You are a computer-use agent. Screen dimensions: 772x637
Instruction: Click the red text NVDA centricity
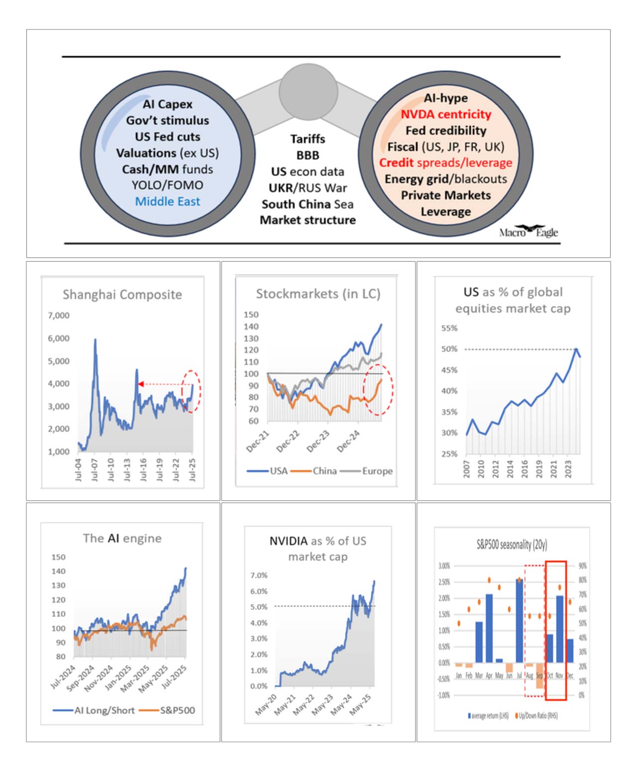click(446, 114)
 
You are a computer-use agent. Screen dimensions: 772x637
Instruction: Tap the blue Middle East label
click(167, 202)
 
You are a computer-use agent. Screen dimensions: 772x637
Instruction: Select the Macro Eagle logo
click(529, 231)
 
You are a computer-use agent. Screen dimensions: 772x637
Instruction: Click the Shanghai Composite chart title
click(122, 295)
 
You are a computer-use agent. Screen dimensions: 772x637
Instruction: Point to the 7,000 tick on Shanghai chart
click(59, 316)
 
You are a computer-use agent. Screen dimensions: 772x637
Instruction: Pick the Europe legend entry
click(377, 471)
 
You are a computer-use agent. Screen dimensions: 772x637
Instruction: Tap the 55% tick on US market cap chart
click(449, 329)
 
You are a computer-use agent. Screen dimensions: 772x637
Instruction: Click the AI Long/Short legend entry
click(104, 710)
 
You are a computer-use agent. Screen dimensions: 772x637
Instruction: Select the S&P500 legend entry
click(177, 710)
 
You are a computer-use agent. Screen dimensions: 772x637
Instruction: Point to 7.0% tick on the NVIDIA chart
click(259, 575)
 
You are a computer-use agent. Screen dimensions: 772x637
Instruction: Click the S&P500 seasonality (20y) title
click(512, 545)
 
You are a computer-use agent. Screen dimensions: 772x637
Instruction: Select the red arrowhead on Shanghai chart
click(141, 384)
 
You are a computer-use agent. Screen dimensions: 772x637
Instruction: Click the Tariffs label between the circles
click(308, 139)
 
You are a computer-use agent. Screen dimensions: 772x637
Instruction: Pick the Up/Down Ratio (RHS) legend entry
click(538, 716)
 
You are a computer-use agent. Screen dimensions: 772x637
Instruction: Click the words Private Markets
click(446, 195)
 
